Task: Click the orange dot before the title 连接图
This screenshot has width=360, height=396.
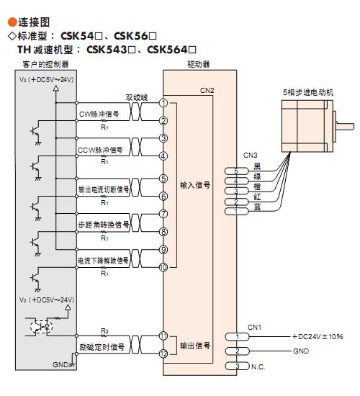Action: (12, 22)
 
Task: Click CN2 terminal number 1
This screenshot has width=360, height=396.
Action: (163, 103)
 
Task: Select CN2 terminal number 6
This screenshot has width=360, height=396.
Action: (163, 197)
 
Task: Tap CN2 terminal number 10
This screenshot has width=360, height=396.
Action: (163, 267)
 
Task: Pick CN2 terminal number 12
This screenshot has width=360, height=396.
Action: (163, 354)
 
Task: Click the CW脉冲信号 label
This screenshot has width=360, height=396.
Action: (99, 114)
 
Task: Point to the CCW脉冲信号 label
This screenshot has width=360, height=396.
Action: (100, 150)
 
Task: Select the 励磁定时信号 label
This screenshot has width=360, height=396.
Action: (102, 347)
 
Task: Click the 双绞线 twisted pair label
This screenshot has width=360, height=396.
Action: (137, 97)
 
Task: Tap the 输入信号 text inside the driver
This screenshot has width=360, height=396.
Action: (195, 185)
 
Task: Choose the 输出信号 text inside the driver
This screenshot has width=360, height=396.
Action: (195, 346)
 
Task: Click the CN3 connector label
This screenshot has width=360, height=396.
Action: (250, 155)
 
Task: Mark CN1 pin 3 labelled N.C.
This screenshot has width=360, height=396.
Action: (237, 366)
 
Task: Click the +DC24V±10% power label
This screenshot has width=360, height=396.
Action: (318, 337)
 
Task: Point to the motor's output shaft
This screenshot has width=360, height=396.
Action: (345, 126)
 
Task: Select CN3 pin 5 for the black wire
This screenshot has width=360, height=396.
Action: (236, 171)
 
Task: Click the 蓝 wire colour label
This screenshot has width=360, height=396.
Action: (257, 207)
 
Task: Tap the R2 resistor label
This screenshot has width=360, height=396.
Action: (104, 331)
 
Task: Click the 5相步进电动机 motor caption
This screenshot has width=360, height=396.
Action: (308, 92)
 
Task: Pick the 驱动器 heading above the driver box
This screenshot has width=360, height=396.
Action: (199, 64)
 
